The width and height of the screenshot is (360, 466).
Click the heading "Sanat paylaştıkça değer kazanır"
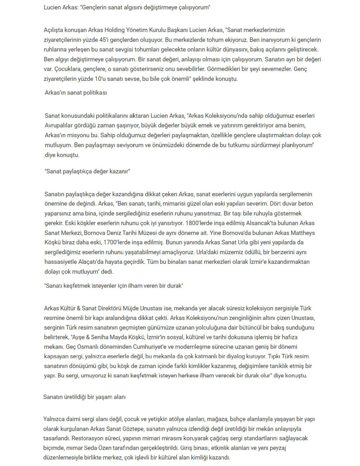point(88,171)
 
